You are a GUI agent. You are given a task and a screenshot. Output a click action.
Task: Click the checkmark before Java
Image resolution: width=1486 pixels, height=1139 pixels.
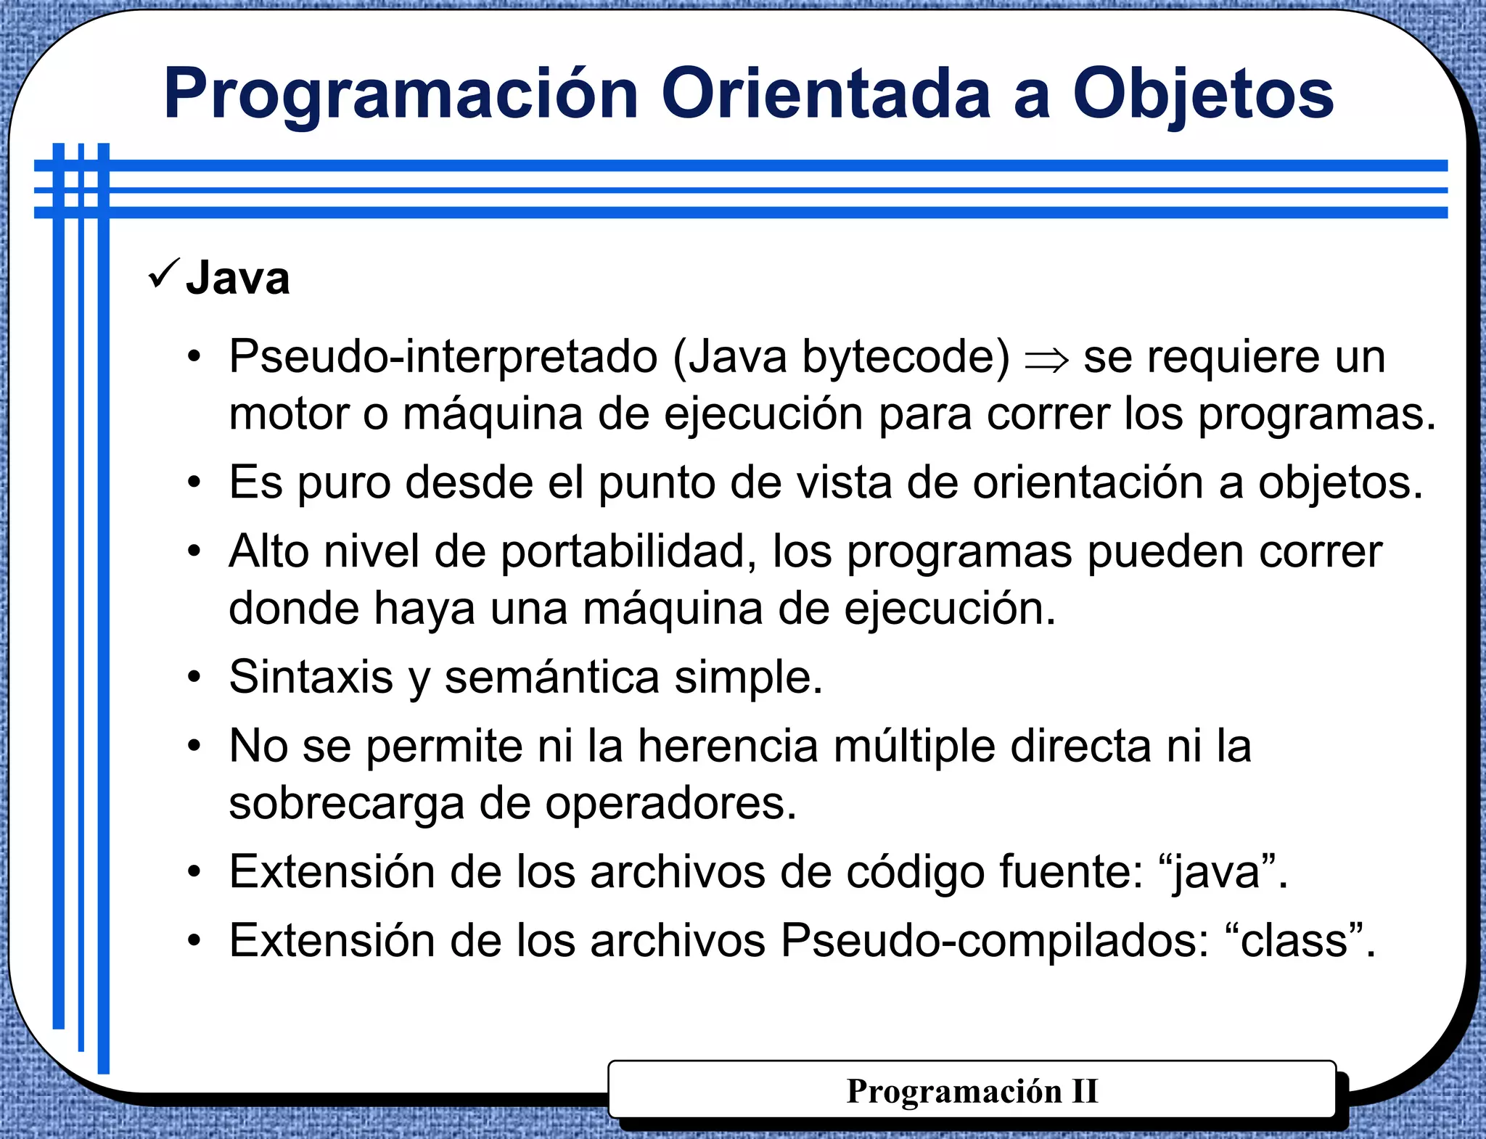(x=163, y=274)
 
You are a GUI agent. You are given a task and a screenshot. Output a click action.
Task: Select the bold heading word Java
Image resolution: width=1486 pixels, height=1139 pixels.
(x=238, y=279)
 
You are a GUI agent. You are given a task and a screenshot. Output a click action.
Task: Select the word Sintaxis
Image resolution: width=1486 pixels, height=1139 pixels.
(x=311, y=678)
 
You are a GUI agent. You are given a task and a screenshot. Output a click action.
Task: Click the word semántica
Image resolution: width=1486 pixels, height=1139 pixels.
(x=551, y=678)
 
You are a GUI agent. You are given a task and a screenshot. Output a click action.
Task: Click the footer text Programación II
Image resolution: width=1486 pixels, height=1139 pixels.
(x=972, y=1091)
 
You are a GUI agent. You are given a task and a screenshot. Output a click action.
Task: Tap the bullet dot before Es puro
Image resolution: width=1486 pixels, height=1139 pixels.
(x=193, y=483)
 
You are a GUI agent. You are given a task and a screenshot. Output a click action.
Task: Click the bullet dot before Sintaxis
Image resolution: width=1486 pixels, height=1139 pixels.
(x=193, y=678)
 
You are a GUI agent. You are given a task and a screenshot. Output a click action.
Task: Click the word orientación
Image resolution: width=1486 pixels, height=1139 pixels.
(x=1088, y=483)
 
